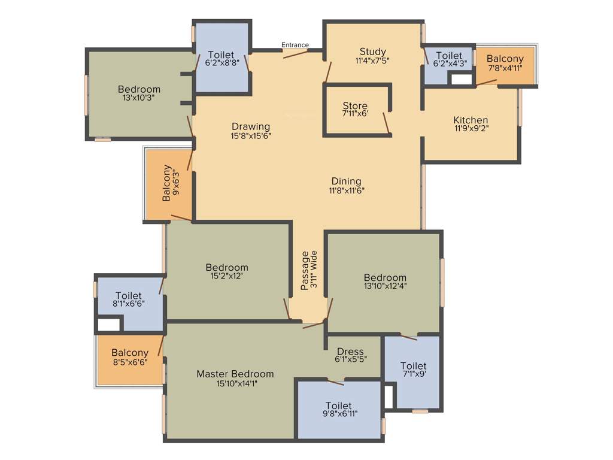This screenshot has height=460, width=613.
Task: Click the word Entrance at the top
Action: coord(295,45)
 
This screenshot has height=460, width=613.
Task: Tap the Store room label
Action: coord(355,107)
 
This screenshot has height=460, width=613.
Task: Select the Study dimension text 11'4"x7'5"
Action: coord(372,60)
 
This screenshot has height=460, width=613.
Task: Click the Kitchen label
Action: coord(471,120)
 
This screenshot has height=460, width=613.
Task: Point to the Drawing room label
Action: coord(251,127)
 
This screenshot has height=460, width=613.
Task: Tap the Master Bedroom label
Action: coord(235,374)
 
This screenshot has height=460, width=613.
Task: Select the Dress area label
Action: coord(350,352)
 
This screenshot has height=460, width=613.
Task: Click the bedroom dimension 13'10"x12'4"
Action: coord(385,287)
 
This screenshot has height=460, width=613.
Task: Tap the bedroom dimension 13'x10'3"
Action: coord(139,99)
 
